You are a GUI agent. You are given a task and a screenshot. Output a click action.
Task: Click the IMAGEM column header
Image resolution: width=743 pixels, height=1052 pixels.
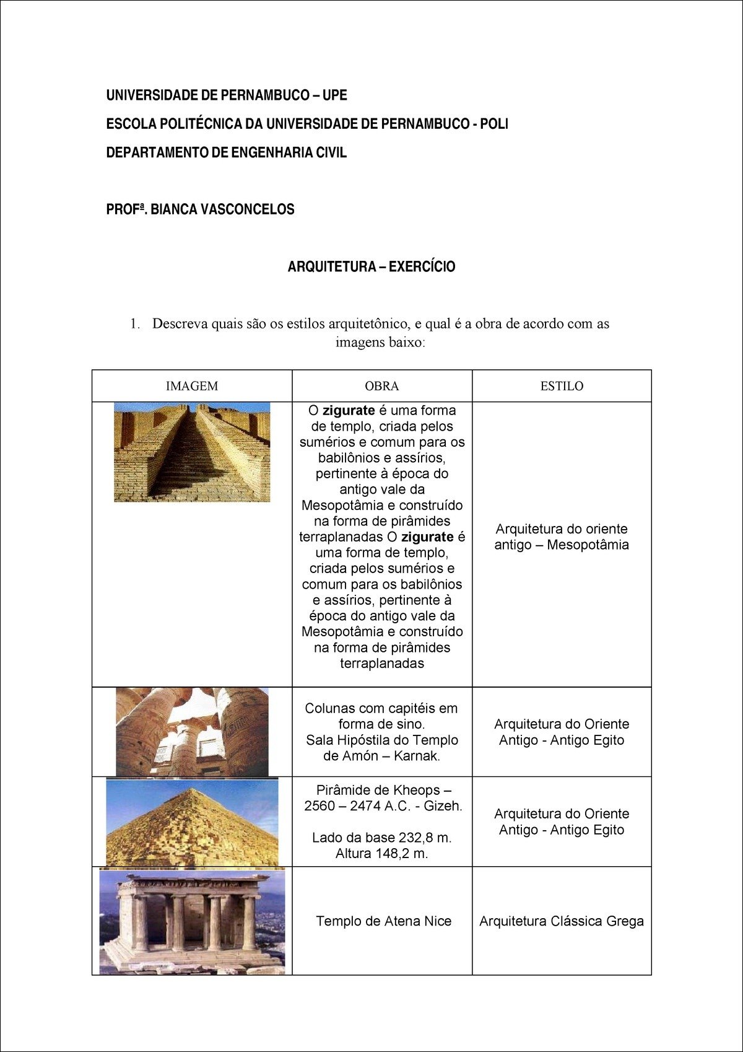pos(192,386)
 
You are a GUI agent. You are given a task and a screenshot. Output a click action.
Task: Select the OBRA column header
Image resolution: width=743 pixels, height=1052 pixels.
pos(381,386)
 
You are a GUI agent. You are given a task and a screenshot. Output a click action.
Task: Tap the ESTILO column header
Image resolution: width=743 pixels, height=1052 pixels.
pos(562,386)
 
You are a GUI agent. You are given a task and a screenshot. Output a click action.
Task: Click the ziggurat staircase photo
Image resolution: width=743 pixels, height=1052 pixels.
pos(192,452)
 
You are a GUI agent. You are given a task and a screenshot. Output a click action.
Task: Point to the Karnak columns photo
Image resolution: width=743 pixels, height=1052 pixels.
pos(192,732)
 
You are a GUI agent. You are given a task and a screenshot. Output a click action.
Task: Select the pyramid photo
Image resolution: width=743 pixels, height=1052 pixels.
pos(192,822)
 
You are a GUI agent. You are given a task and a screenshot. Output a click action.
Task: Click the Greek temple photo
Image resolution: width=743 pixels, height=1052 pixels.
pos(192,921)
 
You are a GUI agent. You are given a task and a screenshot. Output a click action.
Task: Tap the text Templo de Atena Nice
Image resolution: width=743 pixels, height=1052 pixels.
pos(383,921)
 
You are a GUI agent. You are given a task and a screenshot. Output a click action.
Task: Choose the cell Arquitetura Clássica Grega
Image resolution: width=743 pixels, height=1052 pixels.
pos(562,921)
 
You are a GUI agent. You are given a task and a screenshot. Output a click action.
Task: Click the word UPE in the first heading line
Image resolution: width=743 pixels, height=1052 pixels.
pos(334,95)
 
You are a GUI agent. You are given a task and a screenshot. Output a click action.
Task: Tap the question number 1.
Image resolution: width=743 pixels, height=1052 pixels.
pos(134,323)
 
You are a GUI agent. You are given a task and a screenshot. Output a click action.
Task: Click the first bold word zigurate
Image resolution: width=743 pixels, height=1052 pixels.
pos(349,410)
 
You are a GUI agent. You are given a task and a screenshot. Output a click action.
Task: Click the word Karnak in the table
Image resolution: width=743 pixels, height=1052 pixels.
pos(417,756)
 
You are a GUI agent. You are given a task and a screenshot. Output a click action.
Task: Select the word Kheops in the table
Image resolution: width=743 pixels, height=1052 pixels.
pos(417,790)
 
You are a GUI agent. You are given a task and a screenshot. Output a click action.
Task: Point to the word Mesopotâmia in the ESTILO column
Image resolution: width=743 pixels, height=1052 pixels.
pos(588,545)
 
